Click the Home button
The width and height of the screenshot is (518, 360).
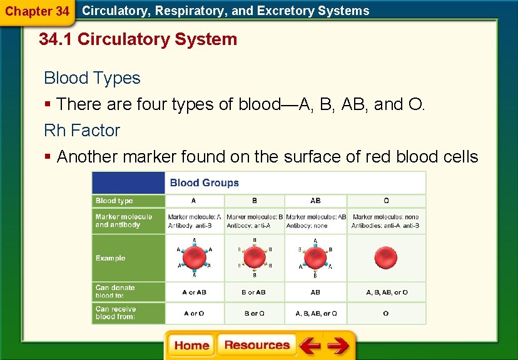191,346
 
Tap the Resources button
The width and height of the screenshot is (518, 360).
256,346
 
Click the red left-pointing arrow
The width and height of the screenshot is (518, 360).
309,346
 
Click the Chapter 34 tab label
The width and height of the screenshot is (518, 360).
37,11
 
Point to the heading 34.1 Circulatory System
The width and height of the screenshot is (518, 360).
138,39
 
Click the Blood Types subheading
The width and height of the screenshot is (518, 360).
92,78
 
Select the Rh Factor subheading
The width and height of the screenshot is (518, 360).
81,131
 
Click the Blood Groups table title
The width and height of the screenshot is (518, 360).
205,183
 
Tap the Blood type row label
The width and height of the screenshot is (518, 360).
114,201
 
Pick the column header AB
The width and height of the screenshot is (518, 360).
315,201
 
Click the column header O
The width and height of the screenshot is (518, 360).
386,201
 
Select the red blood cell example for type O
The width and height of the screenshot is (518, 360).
385,257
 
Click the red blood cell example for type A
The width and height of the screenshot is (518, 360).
194,257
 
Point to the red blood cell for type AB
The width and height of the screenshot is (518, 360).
315,257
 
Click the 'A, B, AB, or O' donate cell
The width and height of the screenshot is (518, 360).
386,292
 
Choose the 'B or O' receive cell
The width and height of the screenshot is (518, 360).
254,313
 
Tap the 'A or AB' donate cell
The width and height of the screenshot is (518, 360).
194,292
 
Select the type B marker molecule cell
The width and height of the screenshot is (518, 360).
254,221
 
